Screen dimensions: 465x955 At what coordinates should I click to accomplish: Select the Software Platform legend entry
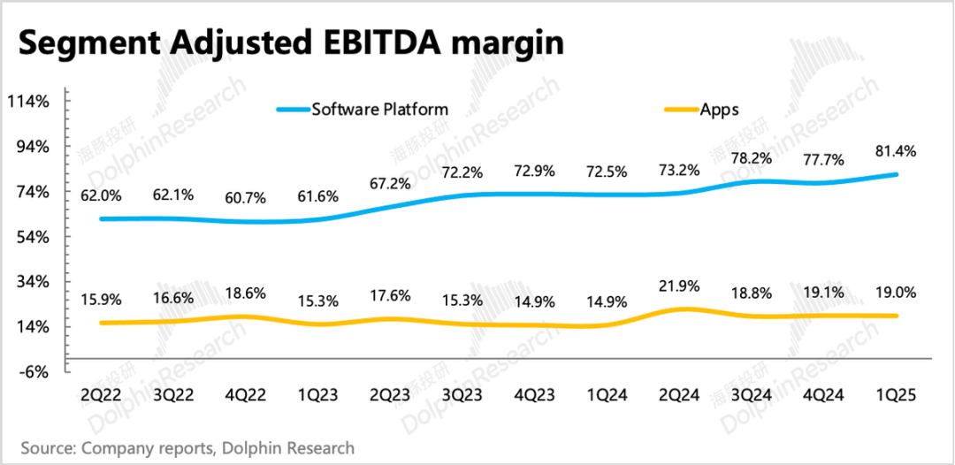coord(379,110)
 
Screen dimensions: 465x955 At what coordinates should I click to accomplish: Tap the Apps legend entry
coord(719,110)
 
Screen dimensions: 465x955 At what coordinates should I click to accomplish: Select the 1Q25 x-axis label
coord(895,397)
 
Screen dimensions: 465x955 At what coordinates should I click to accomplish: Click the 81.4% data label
coord(895,152)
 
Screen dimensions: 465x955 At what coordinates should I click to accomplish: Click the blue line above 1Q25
coord(895,174)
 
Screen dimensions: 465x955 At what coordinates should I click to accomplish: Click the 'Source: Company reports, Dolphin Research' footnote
coord(187,448)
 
